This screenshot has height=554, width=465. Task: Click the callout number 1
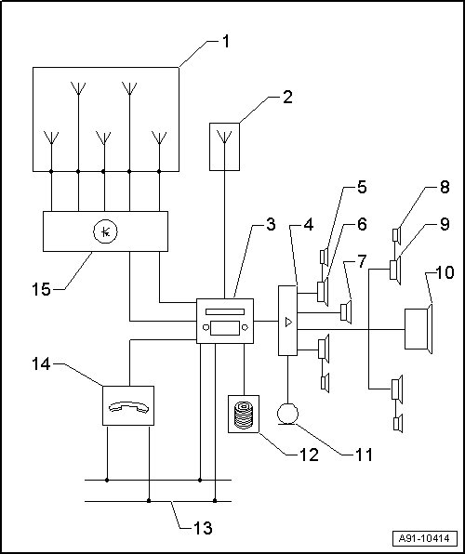(226, 42)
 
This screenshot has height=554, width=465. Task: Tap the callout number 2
(288, 97)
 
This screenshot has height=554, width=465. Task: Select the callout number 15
(41, 289)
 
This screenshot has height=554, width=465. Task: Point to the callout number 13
(203, 528)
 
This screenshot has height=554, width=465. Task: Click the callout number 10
(445, 272)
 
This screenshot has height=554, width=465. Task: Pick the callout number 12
(309, 455)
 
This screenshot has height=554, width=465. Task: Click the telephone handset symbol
(128, 407)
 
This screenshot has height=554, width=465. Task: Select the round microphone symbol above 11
(287, 414)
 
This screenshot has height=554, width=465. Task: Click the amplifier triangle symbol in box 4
(288, 322)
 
